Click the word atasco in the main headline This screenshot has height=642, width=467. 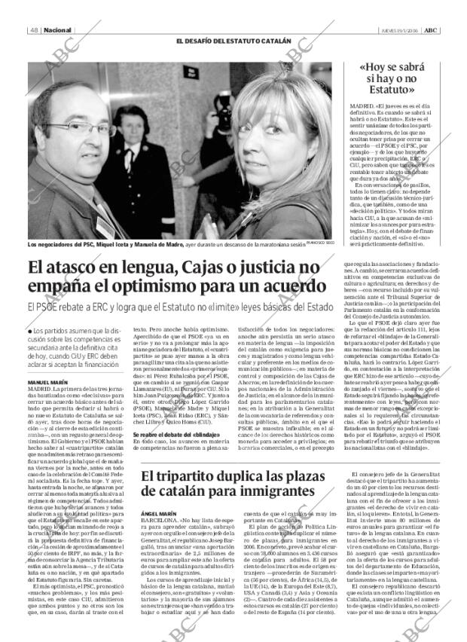pos(81,267)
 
